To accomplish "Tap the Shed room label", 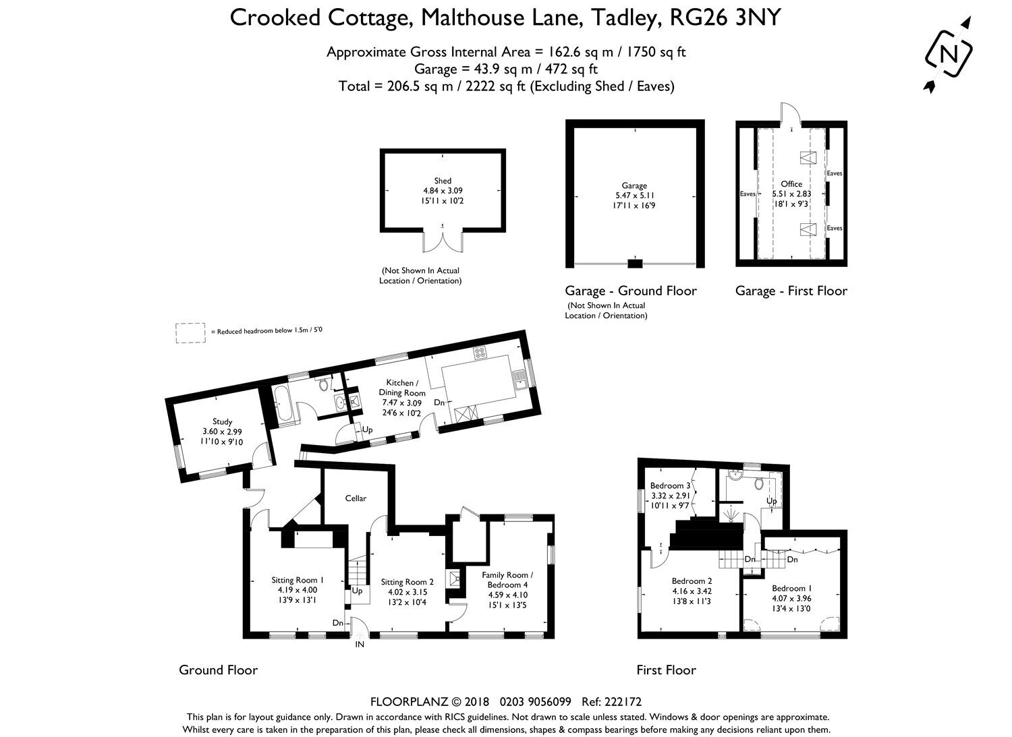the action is pos(443,181).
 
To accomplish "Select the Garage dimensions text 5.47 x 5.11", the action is pos(634,196).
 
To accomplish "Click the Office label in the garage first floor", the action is pos(791,184).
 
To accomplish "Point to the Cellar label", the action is pos(356,498).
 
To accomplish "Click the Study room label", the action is pos(222,421).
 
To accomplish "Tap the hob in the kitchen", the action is pos(479,353).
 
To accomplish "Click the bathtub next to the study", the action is pos(283,405).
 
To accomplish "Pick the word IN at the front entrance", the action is pos(360,645).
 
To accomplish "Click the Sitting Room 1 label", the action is pos(298,580).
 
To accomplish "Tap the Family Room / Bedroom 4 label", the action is pos(507,580).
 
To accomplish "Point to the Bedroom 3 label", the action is pos(670,486).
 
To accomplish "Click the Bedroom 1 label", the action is pos(791,588).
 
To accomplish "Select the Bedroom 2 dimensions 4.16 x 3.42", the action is pos(692,591).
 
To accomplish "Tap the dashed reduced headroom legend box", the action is pos(190,333).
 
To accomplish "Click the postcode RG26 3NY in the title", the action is pos(725,18).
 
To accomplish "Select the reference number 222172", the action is pos(625,701).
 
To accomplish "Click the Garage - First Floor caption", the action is pos(791,291).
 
